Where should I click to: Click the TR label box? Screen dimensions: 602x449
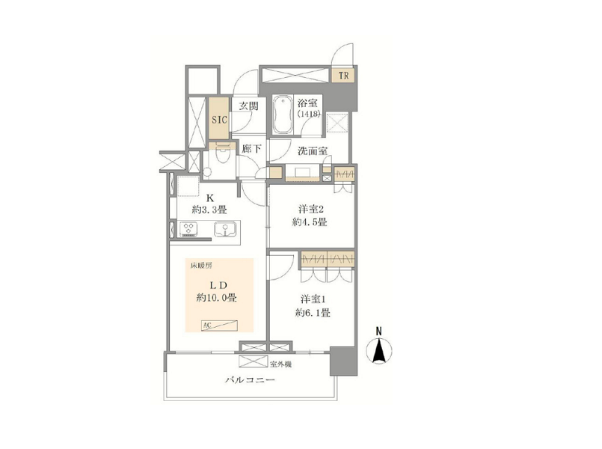[343, 76]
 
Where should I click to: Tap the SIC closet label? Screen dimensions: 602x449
[220, 120]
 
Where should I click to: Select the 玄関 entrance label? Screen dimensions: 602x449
[248, 106]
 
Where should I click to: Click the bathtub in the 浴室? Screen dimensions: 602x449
[283, 115]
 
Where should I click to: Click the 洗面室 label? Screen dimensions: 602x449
[313, 151]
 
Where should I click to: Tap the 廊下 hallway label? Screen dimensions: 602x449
[251, 149]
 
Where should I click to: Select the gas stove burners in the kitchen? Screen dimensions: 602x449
[188, 229]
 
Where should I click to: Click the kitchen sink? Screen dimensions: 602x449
[224, 229]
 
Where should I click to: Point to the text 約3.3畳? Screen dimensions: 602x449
[209, 210]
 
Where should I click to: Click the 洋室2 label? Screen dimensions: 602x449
[311, 210]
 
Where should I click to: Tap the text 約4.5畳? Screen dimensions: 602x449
[310, 222]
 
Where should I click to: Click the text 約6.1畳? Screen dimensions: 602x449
[313, 313]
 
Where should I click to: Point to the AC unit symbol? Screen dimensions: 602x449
[219, 326]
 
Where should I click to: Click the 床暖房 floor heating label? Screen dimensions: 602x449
[201, 266]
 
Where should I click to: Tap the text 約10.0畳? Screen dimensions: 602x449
[217, 298]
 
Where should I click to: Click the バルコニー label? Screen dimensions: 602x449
[250, 380]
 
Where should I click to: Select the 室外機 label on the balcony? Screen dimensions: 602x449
[280, 364]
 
